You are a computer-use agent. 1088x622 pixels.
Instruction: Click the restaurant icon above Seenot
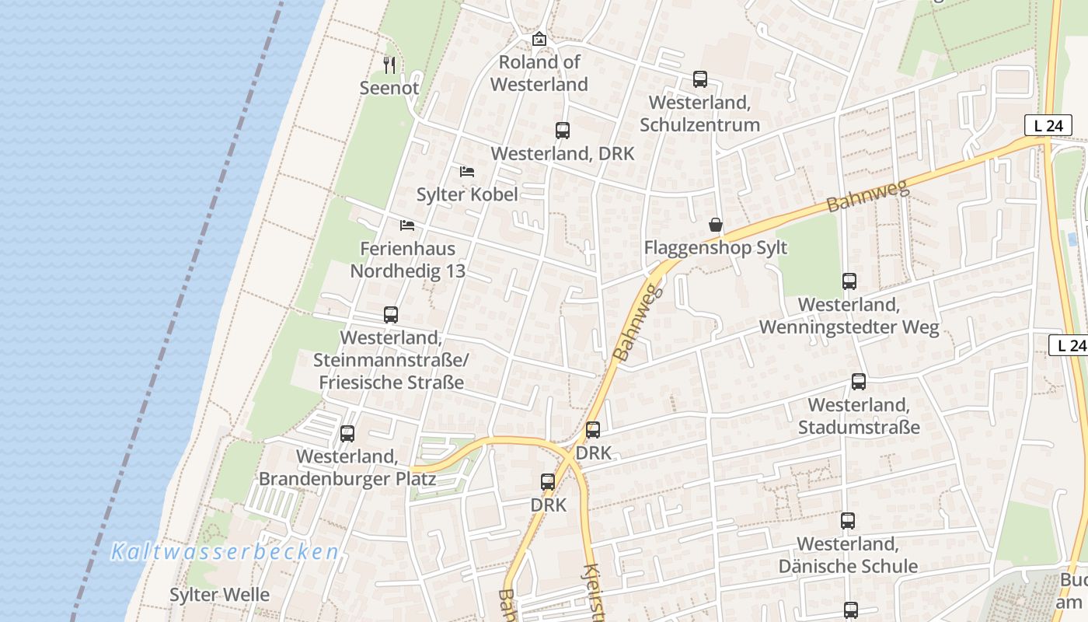[390, 65]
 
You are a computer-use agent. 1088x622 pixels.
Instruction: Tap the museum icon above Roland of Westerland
[539, 39]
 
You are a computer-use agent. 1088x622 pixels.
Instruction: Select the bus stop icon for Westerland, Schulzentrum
[699, 79]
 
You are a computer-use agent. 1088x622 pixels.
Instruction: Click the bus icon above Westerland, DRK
[562, 131]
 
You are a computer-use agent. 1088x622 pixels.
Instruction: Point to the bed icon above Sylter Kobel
[467, 171]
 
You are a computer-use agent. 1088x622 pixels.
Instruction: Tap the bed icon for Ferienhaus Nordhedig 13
[406, 225]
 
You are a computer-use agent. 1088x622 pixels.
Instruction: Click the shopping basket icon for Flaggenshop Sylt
[715, 225]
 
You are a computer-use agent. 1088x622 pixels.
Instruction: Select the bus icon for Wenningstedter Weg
[849, 281]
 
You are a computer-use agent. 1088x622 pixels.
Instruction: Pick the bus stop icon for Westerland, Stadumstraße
[858, 382]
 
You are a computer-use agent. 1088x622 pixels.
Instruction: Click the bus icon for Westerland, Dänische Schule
[847, 520]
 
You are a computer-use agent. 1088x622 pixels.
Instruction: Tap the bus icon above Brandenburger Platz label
[347, 434]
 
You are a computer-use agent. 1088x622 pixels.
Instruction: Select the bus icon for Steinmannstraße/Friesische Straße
[390, 315]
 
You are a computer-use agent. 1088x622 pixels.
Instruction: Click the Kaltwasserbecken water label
[225, 552]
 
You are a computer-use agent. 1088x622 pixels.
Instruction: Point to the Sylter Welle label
[220, 595]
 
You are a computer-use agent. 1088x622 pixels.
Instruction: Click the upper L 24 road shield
[1048, 125]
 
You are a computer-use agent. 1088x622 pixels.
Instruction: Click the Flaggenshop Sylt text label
[715, 248]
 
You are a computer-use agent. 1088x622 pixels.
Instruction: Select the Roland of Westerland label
[539, 73]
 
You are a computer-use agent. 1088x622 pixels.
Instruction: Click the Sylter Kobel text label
[467, 194]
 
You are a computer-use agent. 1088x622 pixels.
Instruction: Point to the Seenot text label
[389, 88]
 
